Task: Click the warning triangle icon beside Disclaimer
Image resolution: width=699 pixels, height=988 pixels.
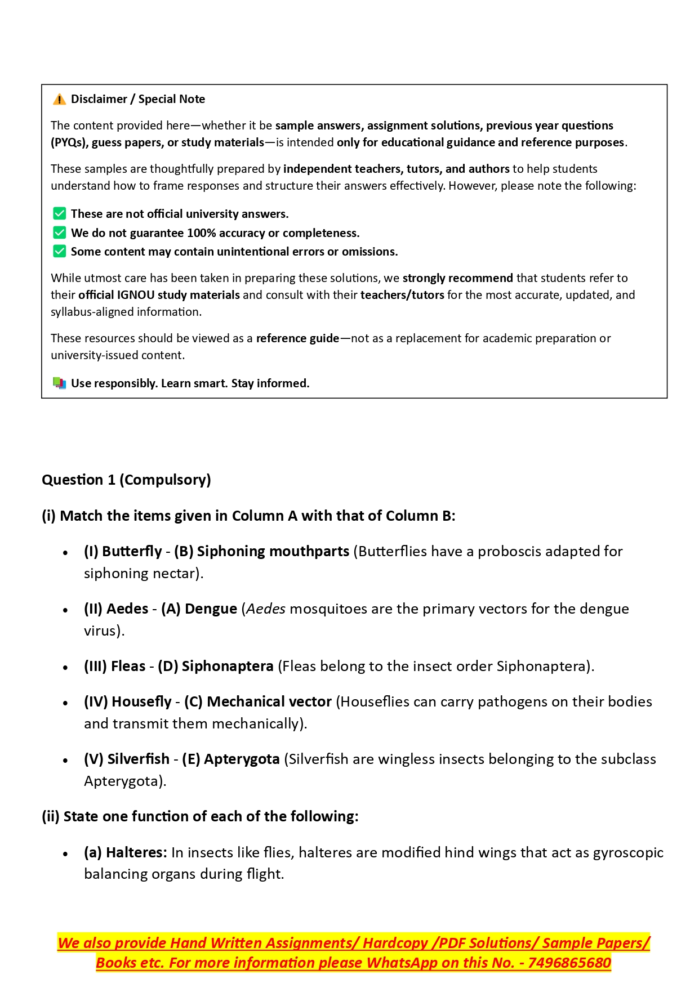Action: [x=59, y=100]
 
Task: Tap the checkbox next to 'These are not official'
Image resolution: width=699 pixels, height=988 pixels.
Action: [x=59, y=213]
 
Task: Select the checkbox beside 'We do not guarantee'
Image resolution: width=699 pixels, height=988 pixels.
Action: [x=59, y=233]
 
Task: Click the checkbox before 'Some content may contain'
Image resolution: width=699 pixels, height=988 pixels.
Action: [x=59, y=251]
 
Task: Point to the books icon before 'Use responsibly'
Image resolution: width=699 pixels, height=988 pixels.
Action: [x=59, y=383]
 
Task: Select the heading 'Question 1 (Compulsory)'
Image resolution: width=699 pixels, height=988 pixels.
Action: [x=126, y=480]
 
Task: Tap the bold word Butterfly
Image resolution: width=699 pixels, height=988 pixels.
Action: [x=132, y=551]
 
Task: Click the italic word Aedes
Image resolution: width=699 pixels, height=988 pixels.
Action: [x=266, y=609]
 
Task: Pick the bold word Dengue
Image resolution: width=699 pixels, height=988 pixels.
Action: [x=211, y=609]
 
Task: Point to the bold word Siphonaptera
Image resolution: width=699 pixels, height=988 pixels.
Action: [x=228, y=666]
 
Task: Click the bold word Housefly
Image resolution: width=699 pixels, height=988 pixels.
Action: [x=141, y=701]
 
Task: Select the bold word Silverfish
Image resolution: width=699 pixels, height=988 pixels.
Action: [x=138, y=759]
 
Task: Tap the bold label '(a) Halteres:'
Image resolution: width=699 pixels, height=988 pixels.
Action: [x=126, y=852]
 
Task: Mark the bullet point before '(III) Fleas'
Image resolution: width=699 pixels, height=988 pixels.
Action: [x=66, y=668]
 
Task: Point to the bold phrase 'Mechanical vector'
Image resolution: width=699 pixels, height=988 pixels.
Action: [x=269, y=701]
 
